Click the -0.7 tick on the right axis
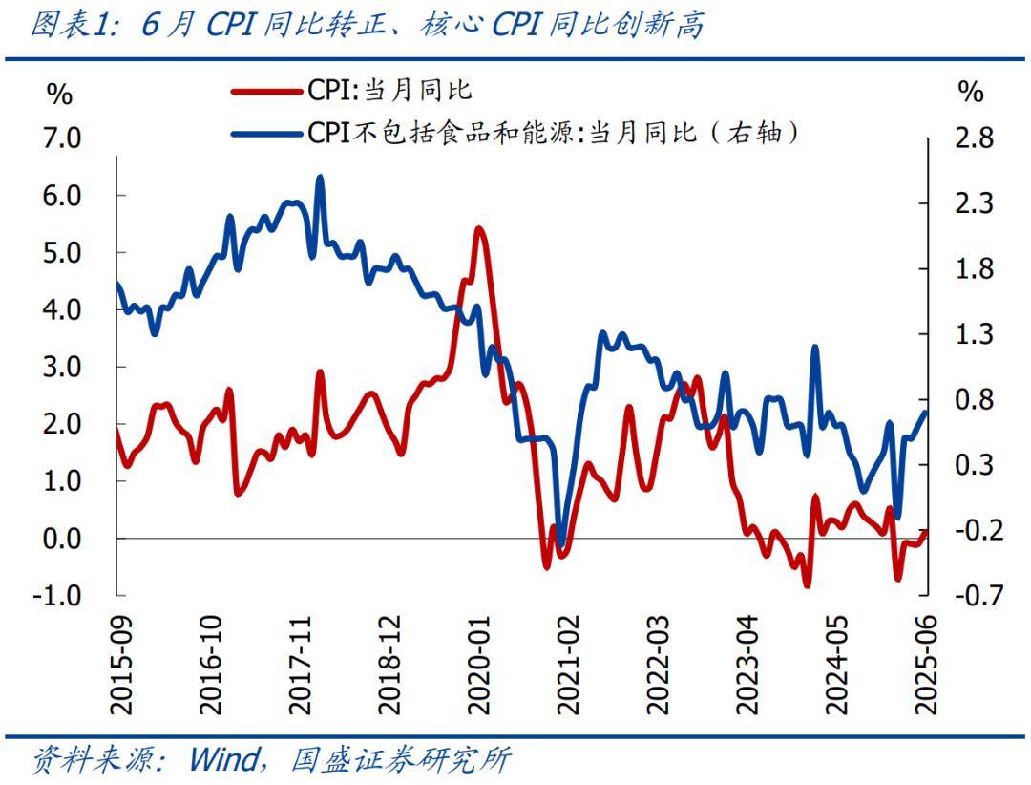pos(970,596)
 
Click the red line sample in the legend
pos(267,92)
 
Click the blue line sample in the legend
pos(267,133)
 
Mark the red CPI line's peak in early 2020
pos(478,228)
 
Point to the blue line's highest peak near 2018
pos(319,178)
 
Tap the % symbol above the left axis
pos(59,94)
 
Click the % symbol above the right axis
pos(970,92)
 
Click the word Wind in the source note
pos(222,760)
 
